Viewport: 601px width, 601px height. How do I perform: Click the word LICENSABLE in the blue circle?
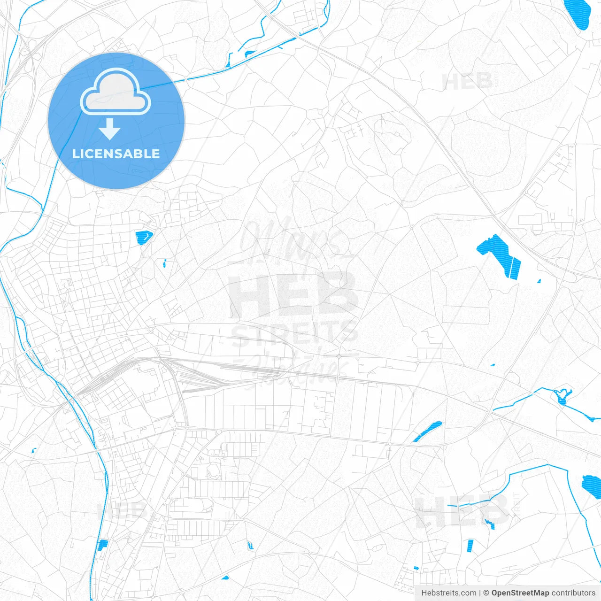click(116, 154)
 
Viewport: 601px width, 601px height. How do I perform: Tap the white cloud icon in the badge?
click(116, 92)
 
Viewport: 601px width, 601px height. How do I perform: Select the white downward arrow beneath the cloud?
click(110, 129)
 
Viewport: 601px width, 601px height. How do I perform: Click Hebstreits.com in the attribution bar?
click(448, 593)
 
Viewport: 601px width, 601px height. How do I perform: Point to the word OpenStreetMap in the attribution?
click(520, 593)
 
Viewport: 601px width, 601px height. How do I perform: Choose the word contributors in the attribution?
click(573, 593)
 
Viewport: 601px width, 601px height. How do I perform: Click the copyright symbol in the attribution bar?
click(486, 593)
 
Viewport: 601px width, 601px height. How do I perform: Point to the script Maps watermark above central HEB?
click(291, 239)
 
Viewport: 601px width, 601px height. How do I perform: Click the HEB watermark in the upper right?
click(467, 82)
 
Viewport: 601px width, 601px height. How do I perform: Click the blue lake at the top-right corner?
click(578, 14)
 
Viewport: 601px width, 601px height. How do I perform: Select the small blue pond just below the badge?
click(143, 238)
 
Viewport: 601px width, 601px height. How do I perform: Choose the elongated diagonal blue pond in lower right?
click(427, 431)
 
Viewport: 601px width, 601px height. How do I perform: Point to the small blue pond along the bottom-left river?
click(102, 545)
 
